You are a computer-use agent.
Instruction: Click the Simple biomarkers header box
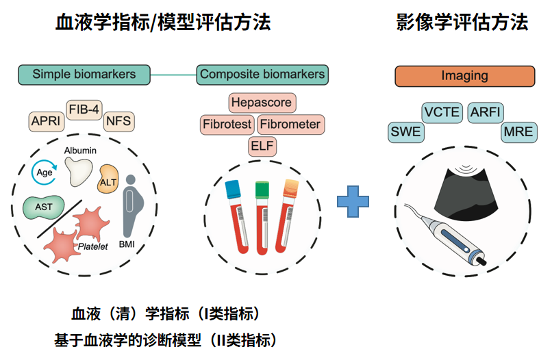tap(84, 74)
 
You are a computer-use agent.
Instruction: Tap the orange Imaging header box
tap(464, 75)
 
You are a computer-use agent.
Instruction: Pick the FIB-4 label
tap(84, 109)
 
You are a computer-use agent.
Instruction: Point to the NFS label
tap(118, 122)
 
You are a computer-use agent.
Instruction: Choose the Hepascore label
tap(262, 103)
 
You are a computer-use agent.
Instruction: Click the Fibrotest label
tap(227, 125)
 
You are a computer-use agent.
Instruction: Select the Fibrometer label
tap(290, 125)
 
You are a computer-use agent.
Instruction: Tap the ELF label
tap(262, 146)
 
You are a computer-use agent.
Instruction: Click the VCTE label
tap(442, 112)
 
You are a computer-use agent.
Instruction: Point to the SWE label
tap(405, 132)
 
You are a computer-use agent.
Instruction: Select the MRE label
tap(518, 132)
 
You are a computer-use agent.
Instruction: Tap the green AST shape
tap(42, 206)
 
